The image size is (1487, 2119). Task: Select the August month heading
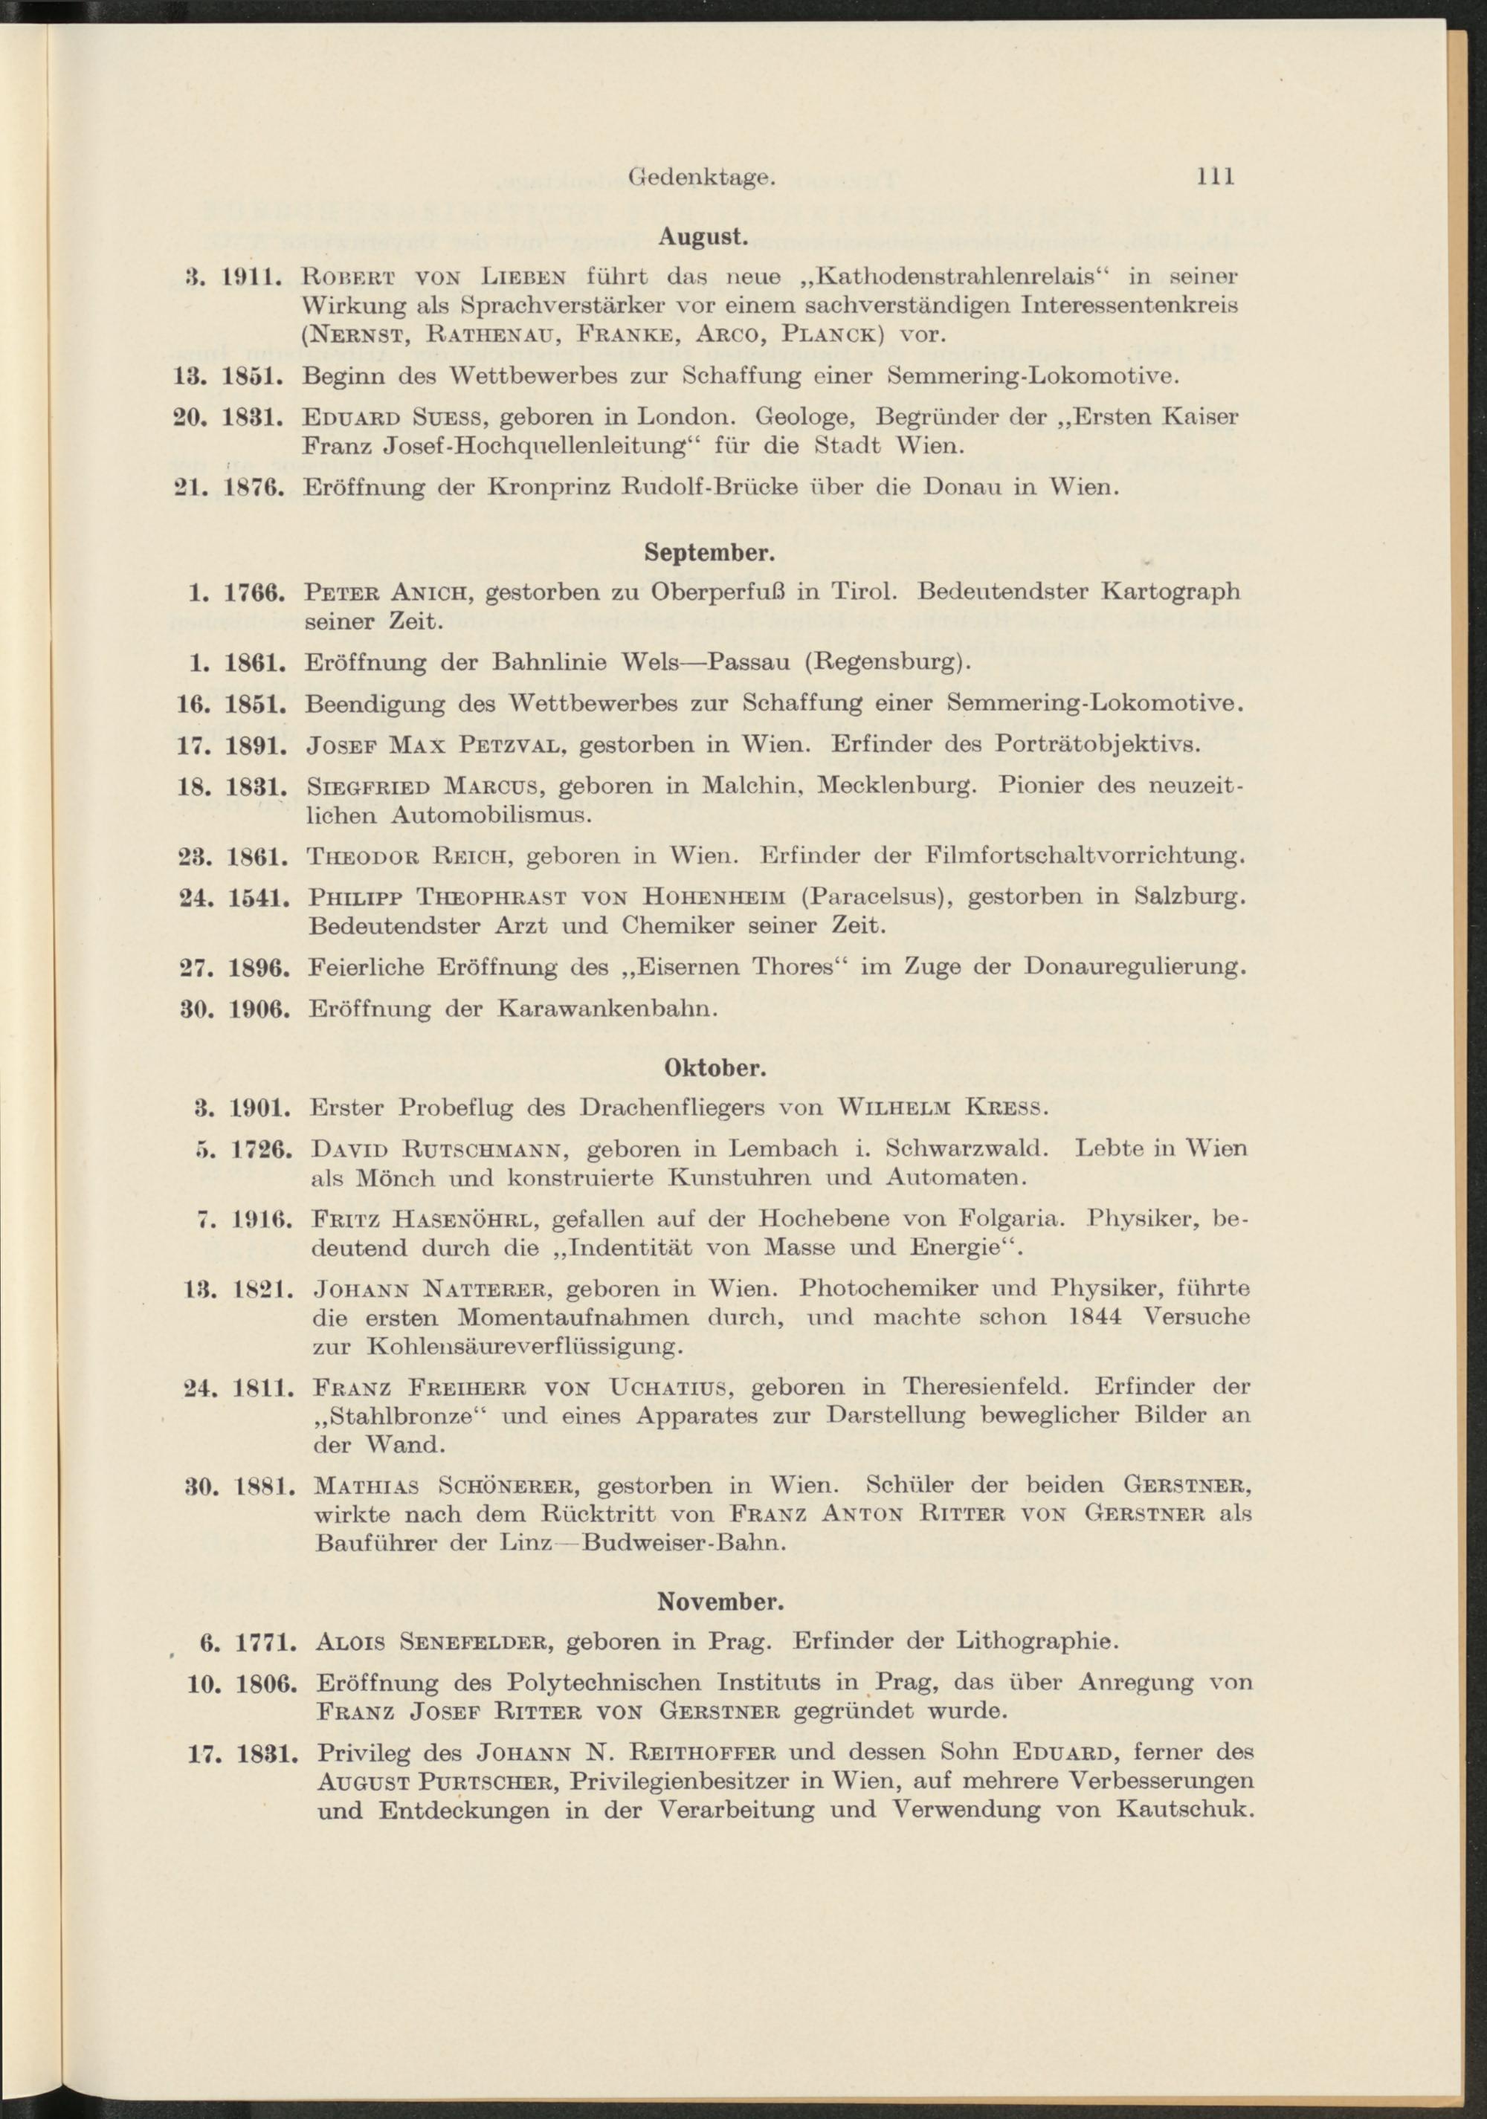(x=703, y=236)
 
